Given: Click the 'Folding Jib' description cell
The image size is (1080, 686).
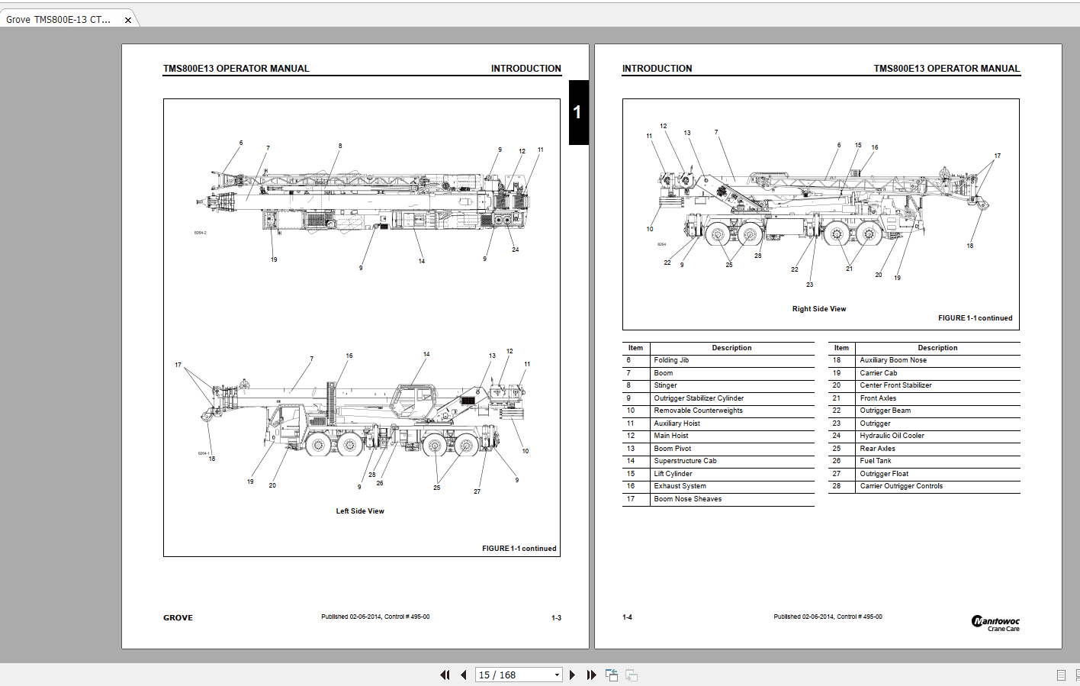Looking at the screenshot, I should pyautogui.click(x=671, y=360).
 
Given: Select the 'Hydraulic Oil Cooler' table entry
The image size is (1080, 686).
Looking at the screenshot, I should pyautogui.click(x=892, y=436).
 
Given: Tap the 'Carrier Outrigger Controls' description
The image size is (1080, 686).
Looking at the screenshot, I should pyautogui.click(x=901, y=486).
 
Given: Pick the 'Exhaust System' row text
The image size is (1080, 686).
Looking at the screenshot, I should pyautogui.click(x=680, y=486).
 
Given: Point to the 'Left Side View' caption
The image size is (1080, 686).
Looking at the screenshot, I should pyautogui.click(x=360, y=511).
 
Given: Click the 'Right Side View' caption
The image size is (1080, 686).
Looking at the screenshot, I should pyautogui.click(x=818, y=309).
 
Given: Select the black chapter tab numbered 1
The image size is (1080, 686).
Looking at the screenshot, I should pyautogui.click(x=578, y=112).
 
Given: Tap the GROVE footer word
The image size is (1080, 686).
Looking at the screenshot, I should pyautogui.click(x=178, y=618).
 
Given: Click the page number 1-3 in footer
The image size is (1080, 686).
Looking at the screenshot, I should pyautogui.click(x=556, y=618).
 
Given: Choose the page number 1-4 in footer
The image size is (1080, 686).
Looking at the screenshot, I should pyautogui.click(x=627, y=617).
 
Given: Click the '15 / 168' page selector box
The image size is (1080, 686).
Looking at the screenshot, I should pyautogui.click(x=519, y=675).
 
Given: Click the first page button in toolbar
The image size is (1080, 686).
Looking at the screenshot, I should pyautogui.click(x=445, y=675).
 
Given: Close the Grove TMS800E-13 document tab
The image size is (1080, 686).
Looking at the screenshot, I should pyautogui.click(x=128, y=21).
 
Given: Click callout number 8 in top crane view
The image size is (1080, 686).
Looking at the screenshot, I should pyautogui.click(x=340, y=146).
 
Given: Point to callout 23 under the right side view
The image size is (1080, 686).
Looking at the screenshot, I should pyautogui.click(x=809, y=285).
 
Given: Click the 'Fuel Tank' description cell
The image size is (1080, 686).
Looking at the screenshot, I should pyautogui.click(x=875, y=461).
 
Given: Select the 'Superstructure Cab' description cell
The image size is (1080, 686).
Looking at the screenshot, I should pyautogui.click(x=685, y=461).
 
